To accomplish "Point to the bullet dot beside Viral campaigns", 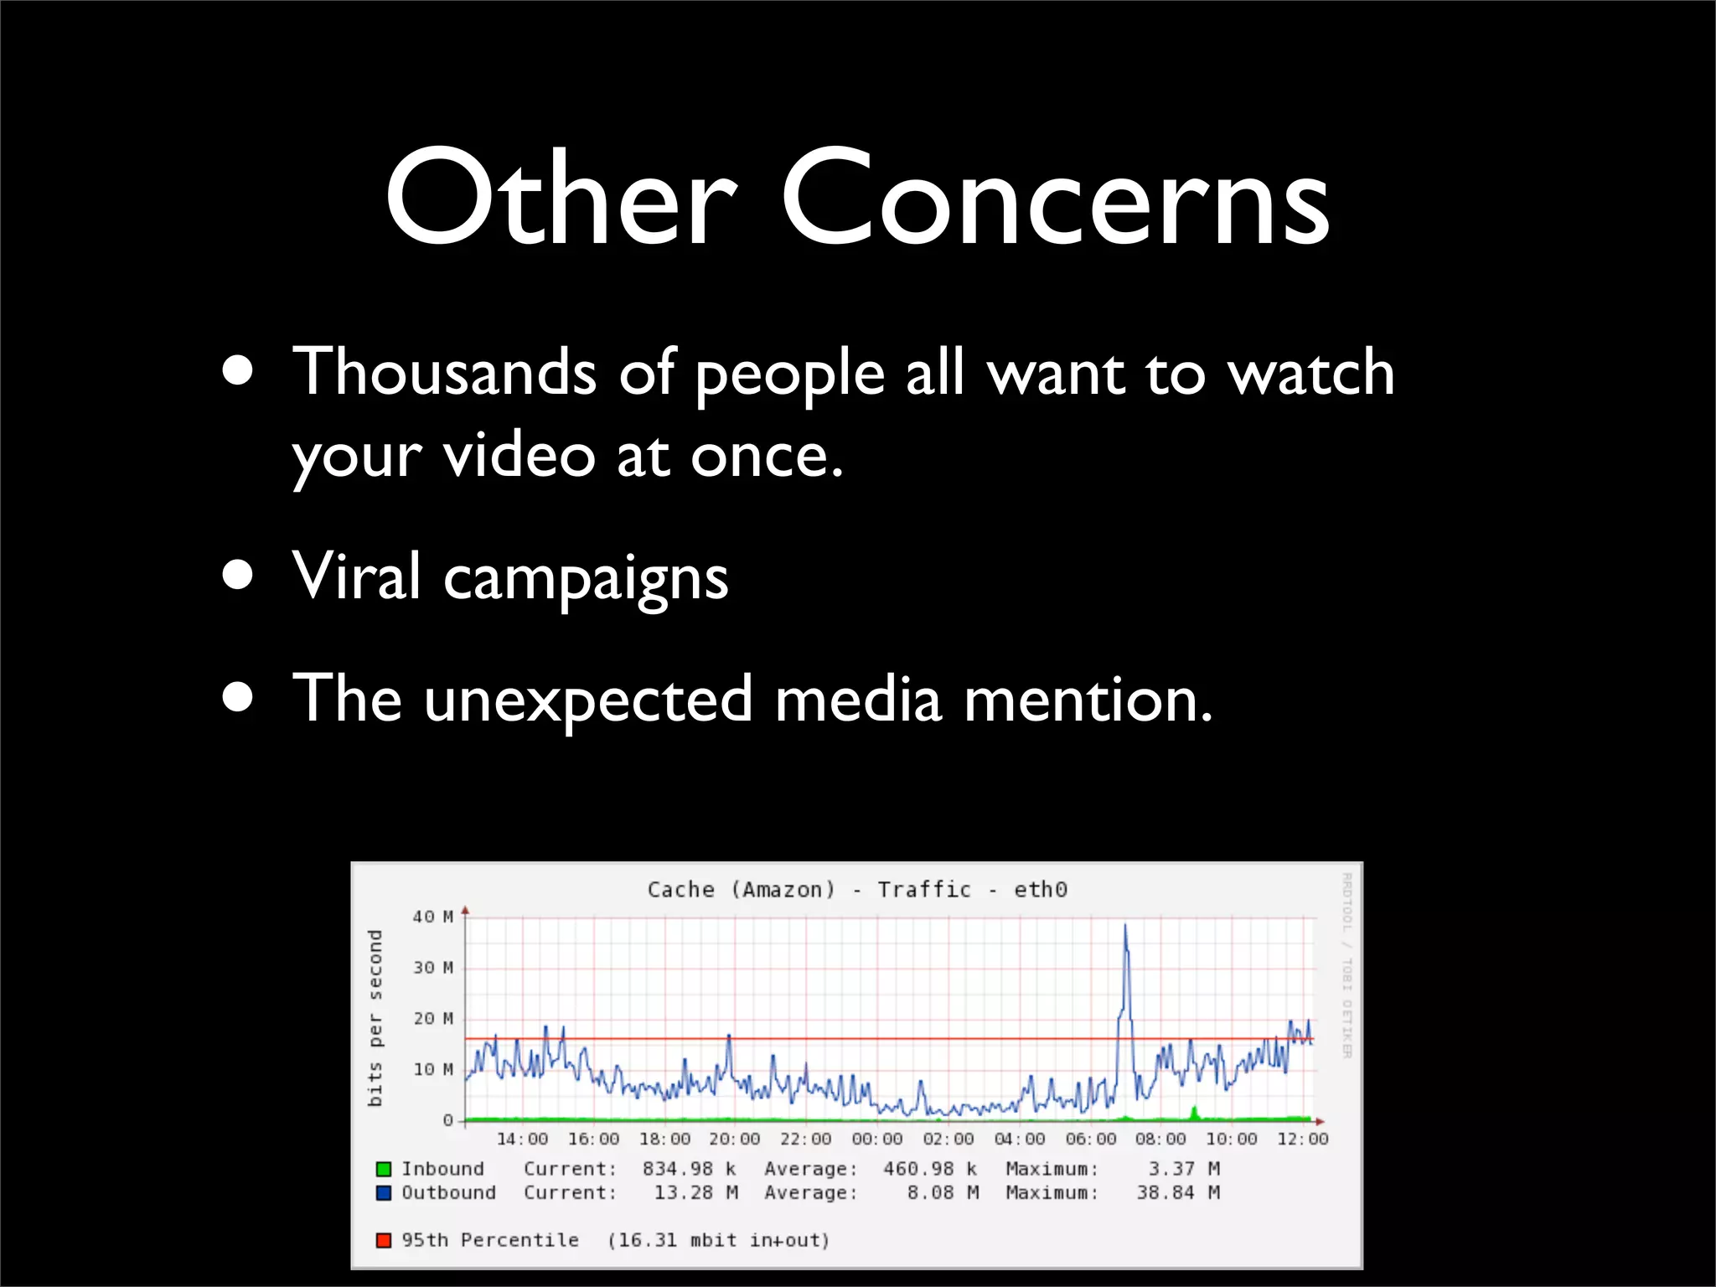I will pyautogui.click(x=239, y=576).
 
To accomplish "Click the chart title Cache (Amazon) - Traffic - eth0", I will pyautogui.click(x=857, y=889).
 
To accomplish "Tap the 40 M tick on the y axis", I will pyautogui.click(x=432, y=917).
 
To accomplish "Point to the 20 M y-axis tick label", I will pyautogui.click(x=432, y=1019).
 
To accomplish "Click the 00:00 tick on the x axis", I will pyautogui.click(x=877, y=1140).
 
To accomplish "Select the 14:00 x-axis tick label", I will pyautogui.click(x=522, y=1140).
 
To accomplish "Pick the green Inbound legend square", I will pyautogui.click(x=384, y=1169).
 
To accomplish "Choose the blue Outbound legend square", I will pyautogui.click(x=384, y=1192).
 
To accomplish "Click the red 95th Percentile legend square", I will pyautogui.click(x=384, y=1240).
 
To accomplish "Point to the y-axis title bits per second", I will pyautogui.click(x=375, y=1017).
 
